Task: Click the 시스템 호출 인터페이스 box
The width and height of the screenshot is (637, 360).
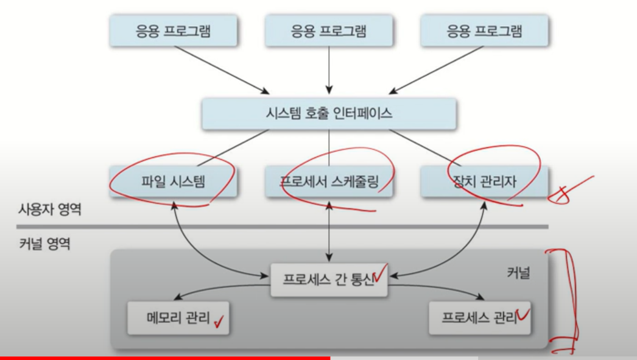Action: [329, 113]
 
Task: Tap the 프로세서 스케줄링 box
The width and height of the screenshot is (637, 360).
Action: [329, 181]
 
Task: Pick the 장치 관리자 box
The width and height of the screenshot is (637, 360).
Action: [485, 181]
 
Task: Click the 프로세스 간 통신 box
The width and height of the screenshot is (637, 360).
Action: [329, 280]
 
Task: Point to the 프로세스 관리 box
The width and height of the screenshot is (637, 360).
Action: [479, 317]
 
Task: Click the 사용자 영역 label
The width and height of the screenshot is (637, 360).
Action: [49, 211]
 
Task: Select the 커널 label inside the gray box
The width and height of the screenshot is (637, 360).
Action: [518, 273]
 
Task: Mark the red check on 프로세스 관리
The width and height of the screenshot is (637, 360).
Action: [523, 316]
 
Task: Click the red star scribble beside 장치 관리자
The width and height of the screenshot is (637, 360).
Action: [569, 188]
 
